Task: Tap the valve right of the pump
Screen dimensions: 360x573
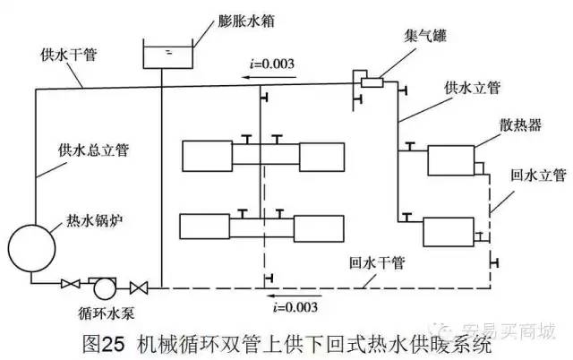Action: (139, 287)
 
